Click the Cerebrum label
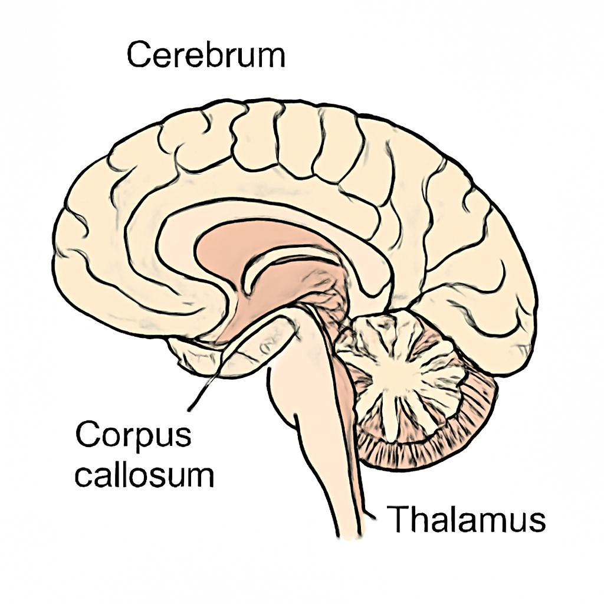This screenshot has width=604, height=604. coord(206,55)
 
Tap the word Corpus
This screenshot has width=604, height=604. coord(133,435)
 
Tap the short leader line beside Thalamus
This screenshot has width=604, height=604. coord(370,515)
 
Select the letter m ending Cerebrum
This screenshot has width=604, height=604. coord(271,59)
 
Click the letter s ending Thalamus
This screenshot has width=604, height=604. coord(538,523)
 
